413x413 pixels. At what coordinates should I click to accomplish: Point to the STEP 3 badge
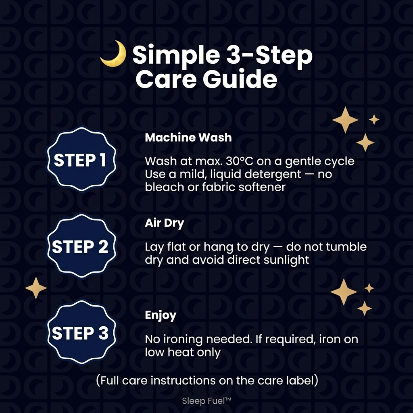click(81, 332)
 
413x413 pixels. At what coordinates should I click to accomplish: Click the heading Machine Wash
click(188, 138)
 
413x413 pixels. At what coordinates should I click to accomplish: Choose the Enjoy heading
click(161, 315)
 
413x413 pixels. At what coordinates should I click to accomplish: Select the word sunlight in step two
click(286, 260)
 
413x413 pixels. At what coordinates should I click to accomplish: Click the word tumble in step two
click(346, 247)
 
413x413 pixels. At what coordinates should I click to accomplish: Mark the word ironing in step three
click(183, 340)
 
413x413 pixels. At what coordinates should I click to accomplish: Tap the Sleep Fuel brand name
click(206, 401)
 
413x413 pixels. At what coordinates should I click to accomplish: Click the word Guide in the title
click(240, 79)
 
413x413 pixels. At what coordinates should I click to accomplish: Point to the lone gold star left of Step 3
click(36, 288)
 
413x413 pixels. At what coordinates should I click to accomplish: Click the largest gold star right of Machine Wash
click(345, 120)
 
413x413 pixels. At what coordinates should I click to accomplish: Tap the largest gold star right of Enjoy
click(344, 292)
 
